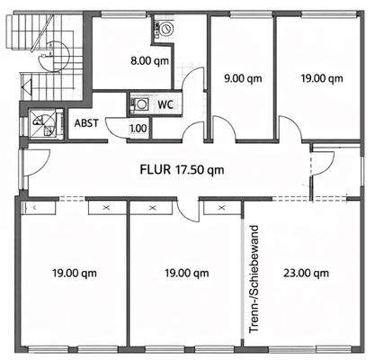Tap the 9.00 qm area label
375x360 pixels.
(239, 78)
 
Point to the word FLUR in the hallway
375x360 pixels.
(156, 168)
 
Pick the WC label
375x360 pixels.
(165, 104)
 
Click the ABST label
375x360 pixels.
(87, 124)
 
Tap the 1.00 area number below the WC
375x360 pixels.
(138, 129)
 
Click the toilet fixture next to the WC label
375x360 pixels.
(141, 104)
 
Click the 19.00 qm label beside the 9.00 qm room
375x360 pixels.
(322, 78)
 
